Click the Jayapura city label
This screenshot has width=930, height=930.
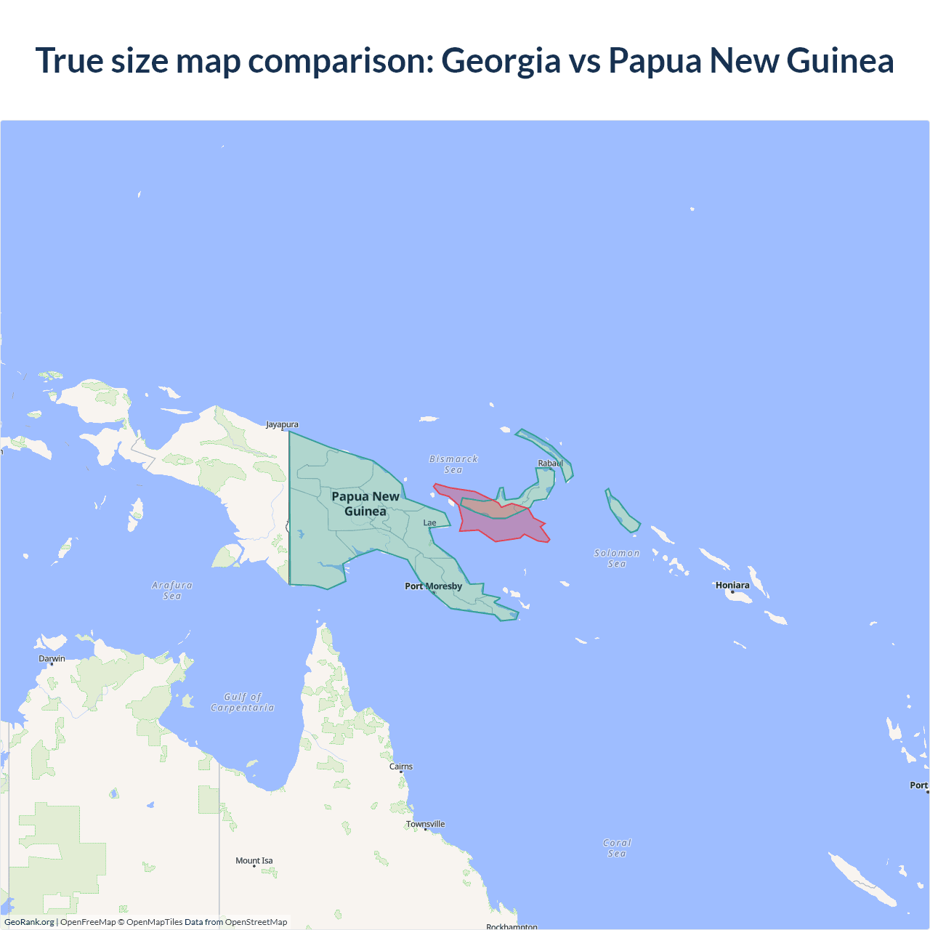282,424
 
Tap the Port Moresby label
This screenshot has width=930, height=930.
433,586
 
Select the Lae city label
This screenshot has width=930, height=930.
430,522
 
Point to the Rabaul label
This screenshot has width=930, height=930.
550,464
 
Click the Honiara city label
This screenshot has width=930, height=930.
732,586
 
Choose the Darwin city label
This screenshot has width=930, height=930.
52,659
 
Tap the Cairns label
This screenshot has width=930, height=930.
401,767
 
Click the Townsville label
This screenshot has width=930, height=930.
426,824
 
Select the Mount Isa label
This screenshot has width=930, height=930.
254,861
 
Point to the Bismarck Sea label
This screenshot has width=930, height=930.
453,464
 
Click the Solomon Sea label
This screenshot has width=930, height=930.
617,558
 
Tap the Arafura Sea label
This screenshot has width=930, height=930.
172,590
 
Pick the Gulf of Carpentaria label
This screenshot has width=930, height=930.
243,702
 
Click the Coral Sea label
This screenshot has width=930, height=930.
617,848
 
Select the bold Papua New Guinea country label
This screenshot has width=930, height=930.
365,504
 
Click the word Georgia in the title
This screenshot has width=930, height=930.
501,60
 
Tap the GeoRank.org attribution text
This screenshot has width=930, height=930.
29,922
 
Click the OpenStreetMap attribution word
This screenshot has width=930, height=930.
256,922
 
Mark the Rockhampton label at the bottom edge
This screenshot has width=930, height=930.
511,926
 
